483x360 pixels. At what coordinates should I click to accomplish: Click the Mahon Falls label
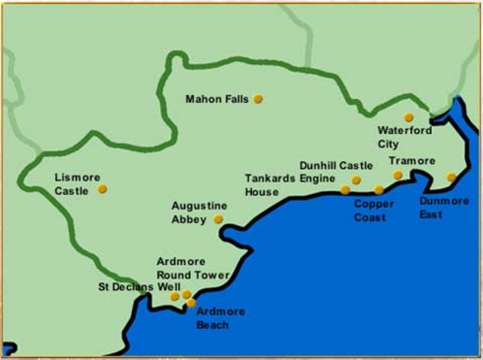(x=217, y=99)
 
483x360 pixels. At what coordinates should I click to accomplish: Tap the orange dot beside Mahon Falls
(x=258, y=99)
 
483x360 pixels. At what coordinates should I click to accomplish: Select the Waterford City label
(x=405, y=136)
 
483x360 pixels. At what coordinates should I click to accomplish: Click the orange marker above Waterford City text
(x=408, y=117)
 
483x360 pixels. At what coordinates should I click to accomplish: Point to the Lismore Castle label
(x=77, y=184)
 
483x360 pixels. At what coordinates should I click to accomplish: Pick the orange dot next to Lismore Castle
(x=102, y=189)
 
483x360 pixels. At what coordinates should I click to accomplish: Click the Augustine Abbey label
(x=199, y=212)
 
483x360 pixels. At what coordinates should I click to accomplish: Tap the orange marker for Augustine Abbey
(x=218, y=220)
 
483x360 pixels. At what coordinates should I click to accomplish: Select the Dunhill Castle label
(x=336, y=165)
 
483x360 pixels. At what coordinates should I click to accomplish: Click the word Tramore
(x=412, y=161)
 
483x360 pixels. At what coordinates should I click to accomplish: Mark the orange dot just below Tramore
(x=398, y=175)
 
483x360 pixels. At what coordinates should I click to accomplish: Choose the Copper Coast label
(x=374, y=211)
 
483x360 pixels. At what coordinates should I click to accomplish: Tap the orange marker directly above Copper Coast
(x=379, y=190)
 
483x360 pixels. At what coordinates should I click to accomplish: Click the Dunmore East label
(x=441, y=208)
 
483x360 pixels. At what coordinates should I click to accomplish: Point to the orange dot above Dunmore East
(x=451, y=177)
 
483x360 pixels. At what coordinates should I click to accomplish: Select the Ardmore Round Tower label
(x=192, y=269)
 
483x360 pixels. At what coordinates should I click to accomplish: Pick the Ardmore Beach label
(x=212, y=318)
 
